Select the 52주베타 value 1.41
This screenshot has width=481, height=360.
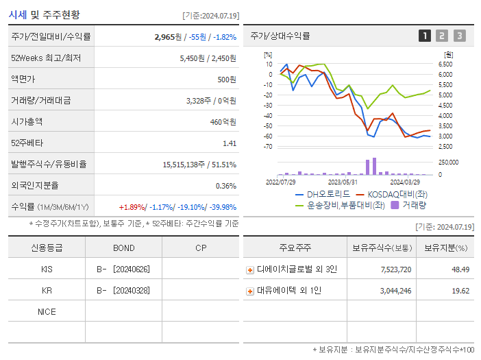click(229, 143)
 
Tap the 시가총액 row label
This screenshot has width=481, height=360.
click(27, 122)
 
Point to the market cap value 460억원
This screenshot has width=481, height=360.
click(223, 122)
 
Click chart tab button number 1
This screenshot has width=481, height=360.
click(425, 36)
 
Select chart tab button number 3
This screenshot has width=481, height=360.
click(459, 36)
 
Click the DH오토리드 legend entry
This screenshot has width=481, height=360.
click(323, 195)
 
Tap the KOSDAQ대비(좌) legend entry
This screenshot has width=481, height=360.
click(394, 195)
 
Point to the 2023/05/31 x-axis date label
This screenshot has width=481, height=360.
click(343, 182)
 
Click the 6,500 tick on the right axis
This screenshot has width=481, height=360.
click(445, 64)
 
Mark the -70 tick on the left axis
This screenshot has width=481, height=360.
click(268, 146)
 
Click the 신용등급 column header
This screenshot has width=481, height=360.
click(47, 248)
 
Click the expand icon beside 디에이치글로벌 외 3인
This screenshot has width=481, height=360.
click(250, 270)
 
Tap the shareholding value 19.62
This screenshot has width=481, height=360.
click(460, 291)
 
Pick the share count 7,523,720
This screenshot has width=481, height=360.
click(395, 269)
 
